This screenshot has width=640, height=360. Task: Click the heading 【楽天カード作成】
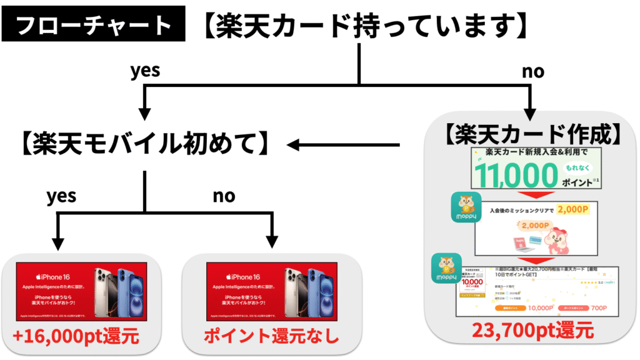533,134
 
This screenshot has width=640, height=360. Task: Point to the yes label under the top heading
144,70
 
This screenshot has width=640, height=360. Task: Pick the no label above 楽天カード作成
533,72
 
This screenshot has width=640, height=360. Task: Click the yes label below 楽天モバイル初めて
61,196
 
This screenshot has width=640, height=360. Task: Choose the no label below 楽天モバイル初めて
224,196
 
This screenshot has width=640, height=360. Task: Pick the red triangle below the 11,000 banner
533,194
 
